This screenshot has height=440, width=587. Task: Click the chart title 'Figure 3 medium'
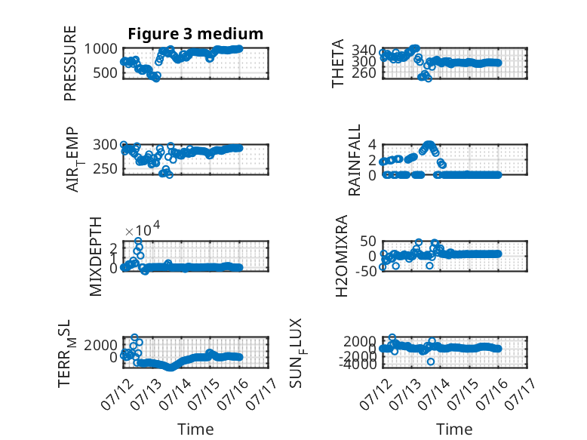195,34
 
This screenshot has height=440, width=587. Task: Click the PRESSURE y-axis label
70,63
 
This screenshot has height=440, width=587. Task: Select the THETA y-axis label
338,63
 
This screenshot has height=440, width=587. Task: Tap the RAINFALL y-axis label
354,160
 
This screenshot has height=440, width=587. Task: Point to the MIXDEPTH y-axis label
96,257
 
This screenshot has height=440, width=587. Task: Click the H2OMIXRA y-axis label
342,256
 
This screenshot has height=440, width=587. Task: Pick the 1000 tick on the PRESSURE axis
100,49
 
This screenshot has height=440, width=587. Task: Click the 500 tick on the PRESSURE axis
105,72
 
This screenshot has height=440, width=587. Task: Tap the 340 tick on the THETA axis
364,50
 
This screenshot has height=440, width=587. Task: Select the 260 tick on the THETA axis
364,72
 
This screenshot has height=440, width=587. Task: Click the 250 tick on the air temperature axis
105,169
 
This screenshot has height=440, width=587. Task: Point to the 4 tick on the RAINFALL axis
372,145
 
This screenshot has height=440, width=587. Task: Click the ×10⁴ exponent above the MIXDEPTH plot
143,229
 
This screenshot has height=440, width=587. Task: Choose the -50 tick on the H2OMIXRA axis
365,271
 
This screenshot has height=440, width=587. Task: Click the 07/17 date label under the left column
262,393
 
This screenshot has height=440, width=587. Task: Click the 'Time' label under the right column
454,429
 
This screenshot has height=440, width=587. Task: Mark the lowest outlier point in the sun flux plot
431,362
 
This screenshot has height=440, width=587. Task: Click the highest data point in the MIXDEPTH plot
138,241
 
